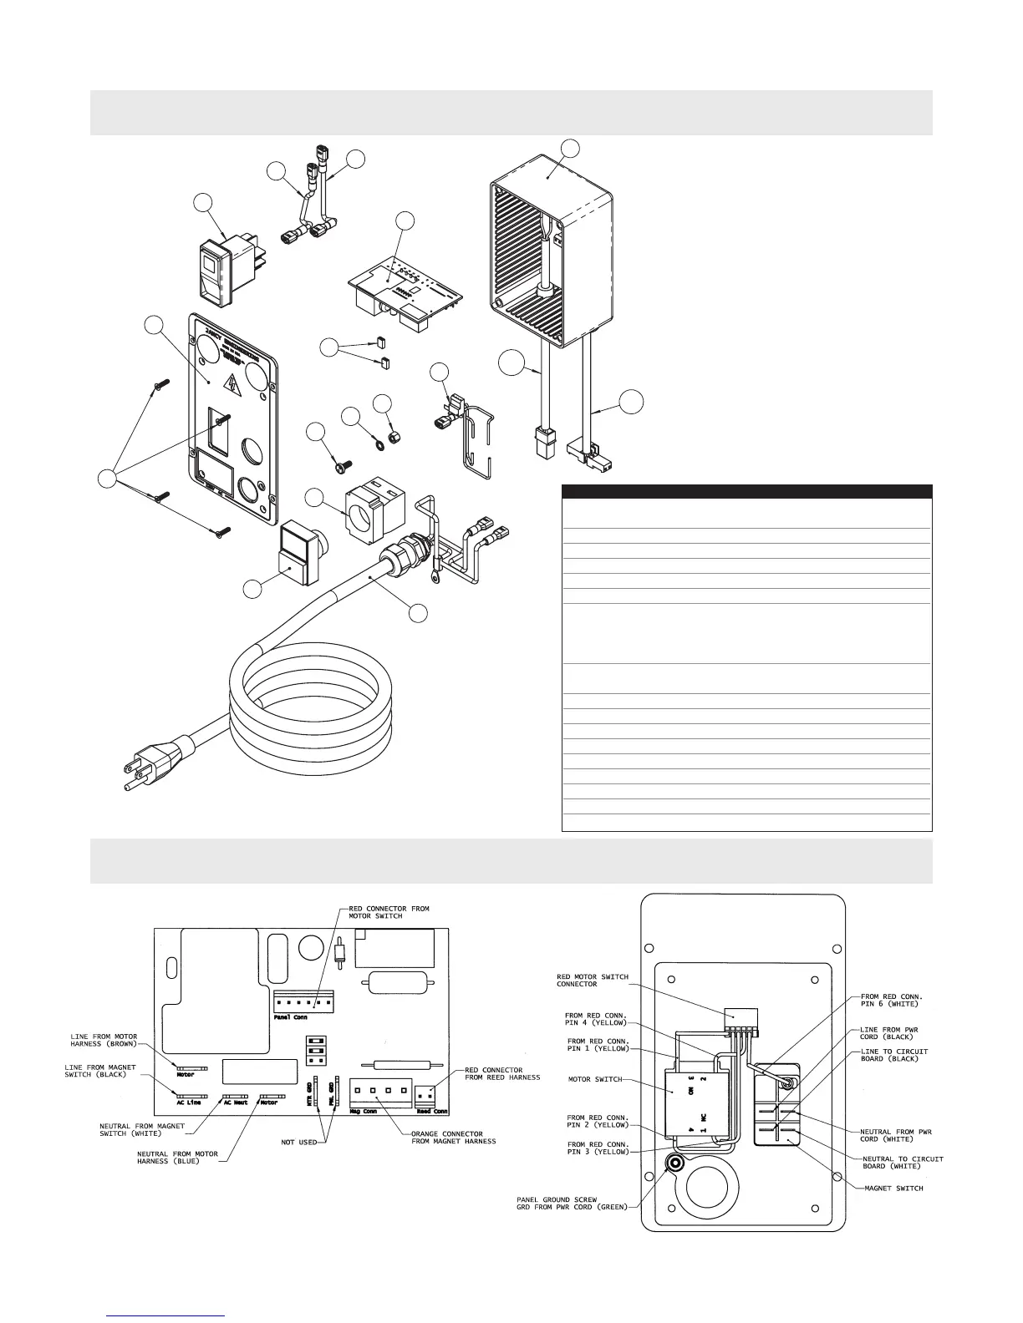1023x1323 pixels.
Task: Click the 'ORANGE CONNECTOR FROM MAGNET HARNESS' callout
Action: click(452, 1138)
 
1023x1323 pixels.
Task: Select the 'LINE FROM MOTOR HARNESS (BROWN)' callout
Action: click(102, 1040)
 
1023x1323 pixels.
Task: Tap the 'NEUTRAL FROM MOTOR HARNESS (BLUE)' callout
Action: click(177, 1158)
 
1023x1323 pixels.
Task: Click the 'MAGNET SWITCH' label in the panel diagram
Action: click(893, 1188)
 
